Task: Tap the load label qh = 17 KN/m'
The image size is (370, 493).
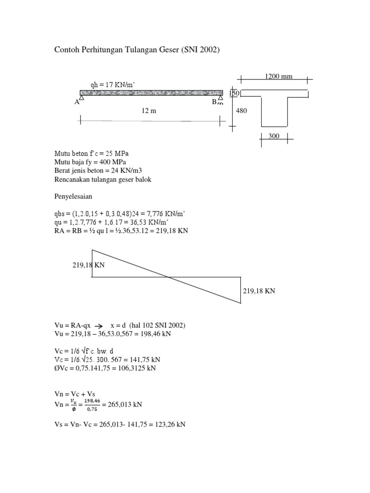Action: (113, 85)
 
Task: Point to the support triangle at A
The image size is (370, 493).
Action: (81, 97)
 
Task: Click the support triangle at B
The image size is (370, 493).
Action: (221, 98)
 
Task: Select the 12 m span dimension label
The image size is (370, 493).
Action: (149, 111)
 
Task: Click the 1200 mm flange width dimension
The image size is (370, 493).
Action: (278, 76)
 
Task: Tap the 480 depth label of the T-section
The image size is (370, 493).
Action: (241, 111)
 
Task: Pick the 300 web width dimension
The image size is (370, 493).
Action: (274, 136)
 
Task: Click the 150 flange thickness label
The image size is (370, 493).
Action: (235, 93)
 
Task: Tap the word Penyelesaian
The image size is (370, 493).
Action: (73, 197)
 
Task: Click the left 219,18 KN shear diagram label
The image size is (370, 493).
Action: (89, 265)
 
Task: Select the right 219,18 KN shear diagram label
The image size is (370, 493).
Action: (259, 291)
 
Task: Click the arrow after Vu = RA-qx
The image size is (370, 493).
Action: (99, 326)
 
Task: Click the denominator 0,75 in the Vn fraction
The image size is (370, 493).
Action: (92, 409)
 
